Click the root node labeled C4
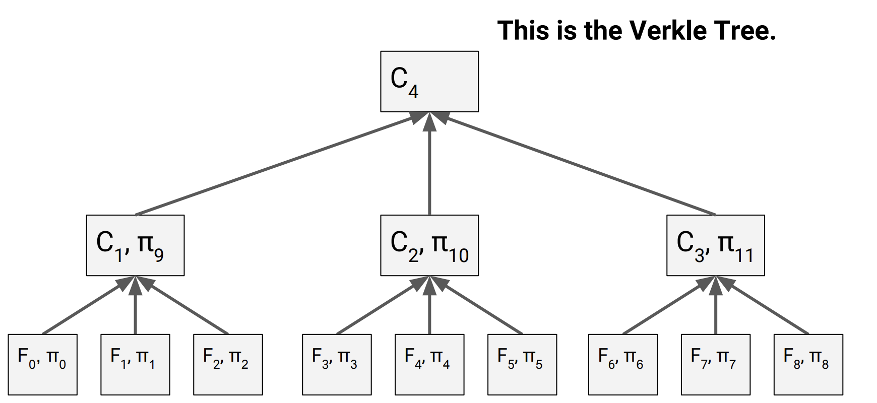click(x=429, y=81)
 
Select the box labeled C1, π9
click(x=135, y=245)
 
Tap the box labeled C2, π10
click(x=429, y=245)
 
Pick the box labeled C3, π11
click(x=715, y=245)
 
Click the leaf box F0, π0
click(x=42, y=364)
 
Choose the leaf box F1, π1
click(x=135, y=364)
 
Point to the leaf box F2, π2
click(x=228, y=364)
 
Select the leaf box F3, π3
click(x=337, y=364)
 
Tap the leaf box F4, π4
click(x=429, y=364)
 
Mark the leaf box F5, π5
click(x=522, y=364)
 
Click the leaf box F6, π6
click(x=623, y=364)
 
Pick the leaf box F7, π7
click(x=716, y=364)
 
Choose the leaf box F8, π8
click(x=808, y=364)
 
